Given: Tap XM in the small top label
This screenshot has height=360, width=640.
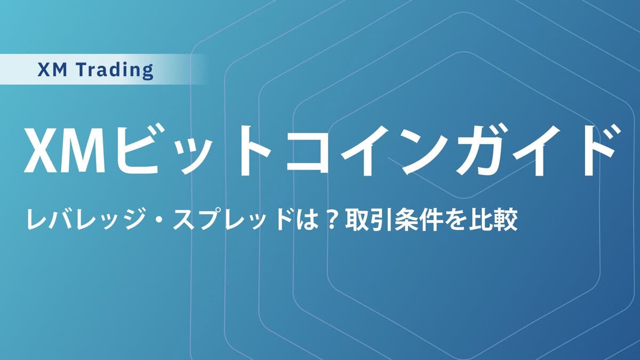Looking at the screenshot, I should coord(54,69).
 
